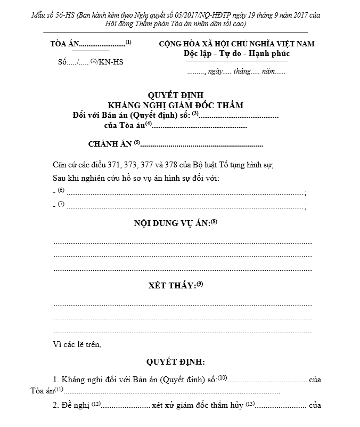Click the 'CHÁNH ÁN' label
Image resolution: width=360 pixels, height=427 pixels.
[110, 144]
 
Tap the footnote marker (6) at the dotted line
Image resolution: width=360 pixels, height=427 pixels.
[61, 190]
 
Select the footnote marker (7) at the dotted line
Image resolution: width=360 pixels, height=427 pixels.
[61, 204]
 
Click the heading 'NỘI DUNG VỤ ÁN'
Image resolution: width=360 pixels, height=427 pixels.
[171, 223]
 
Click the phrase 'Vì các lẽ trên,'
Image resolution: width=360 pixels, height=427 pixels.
[77, 344]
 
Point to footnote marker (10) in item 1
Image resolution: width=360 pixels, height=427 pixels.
[222, 378]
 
